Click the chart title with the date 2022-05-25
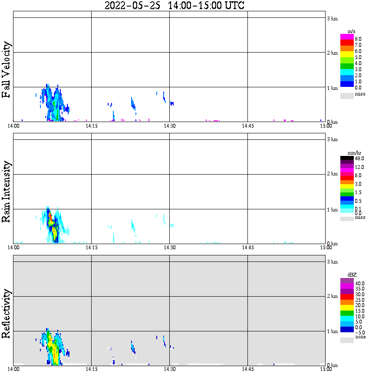[x=175, y=5]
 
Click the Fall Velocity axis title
[x=6, y=69]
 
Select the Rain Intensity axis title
[x=6, y=192]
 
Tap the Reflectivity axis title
[x=6, y=314]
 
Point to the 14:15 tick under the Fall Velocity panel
[x=91, y=126]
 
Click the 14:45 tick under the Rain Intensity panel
[x=247, y=248]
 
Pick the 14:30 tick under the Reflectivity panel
[x=169, y=369]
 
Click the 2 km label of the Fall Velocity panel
[x=332, y=53]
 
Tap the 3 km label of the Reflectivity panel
[x=332, y=261]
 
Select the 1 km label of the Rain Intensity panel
[x=332, y=210]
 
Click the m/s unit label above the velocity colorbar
[x=351, y=32]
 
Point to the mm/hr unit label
[x=354, y=153]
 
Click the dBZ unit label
[x=352, y=275]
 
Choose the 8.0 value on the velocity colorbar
[x=358, y=39]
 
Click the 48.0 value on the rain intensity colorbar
[x=359, y=159]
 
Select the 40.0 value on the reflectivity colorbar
[x=359, y=284]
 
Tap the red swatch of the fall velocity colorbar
[x=347, y=43]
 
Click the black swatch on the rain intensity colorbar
[x=347, y=158]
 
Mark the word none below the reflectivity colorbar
[x=360, y=337]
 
